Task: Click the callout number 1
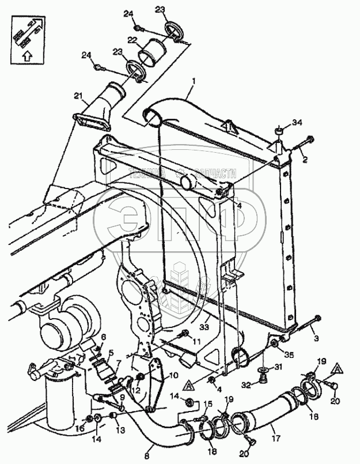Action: pyautogui.click(x=194, y=82)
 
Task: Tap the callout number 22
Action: pyautogui.click(x=132, y=40)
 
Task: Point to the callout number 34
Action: pyautogui.click(x=297, y=123)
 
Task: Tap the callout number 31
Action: pyautogui.click(x=279, y=367)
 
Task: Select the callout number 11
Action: pyautogui.click(x=197, y=341)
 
